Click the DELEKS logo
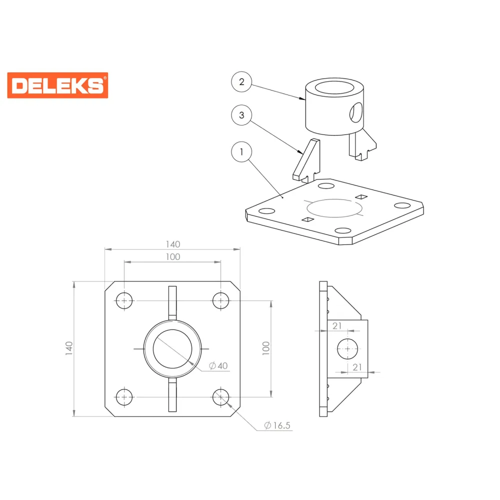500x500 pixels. point(57,85)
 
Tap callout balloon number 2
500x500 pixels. point(241,82)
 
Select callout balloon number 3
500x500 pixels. point(241,115)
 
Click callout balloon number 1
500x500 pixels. point(241,152)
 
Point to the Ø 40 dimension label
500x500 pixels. point(218,366)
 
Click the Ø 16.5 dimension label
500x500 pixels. point(277,425)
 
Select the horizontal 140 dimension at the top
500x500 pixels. point(173,244)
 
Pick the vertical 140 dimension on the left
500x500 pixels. point(69,348)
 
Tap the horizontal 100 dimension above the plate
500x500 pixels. point(173,256)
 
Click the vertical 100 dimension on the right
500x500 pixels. point(266,348)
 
